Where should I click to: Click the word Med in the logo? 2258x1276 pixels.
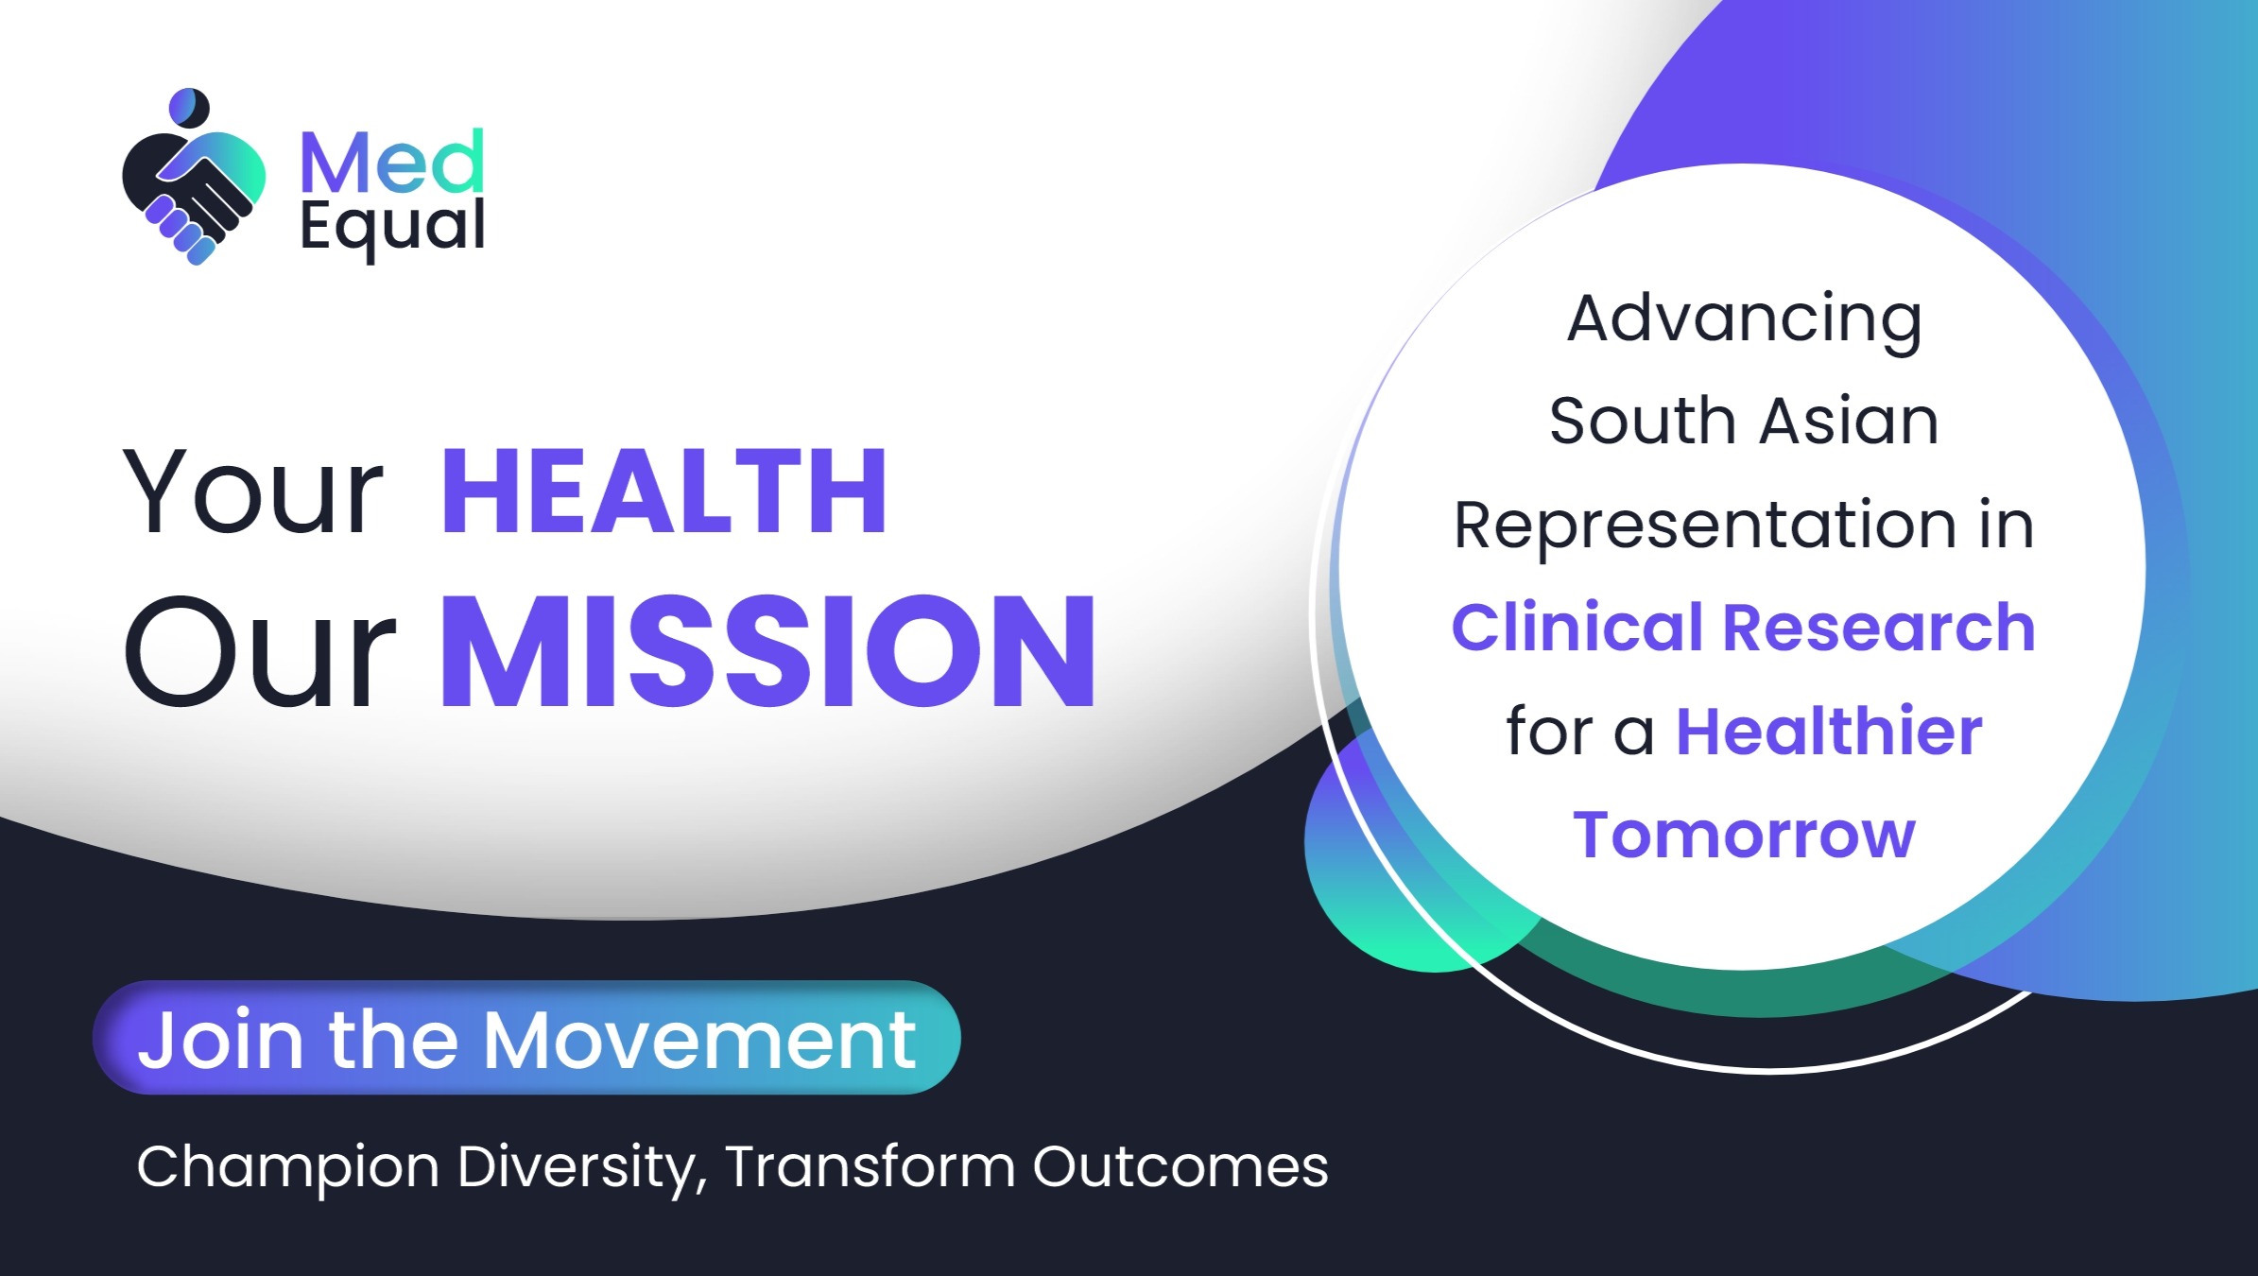pyautogui.click(x=391, y=163)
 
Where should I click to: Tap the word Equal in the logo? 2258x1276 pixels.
pyautogui.click(x=391, y=227)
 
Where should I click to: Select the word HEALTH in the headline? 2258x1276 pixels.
pyautogui.click(x=664, y=492)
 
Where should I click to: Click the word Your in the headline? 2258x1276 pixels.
pyautogui.click(x=253, y=494)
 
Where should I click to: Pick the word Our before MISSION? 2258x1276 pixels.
pyautogui.click(x=259, y=653)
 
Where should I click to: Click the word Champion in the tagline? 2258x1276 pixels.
pyautogui.click(x=288, y=1167)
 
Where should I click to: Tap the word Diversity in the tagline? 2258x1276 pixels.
pyautogui.click(x=582, y=1167)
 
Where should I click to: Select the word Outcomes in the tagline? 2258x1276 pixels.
pyautogui.click(x=1180, y=1166)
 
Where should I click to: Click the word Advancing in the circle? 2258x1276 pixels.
pyautogui.click(x=1744, y=319)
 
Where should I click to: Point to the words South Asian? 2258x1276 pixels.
pyautogui.click(x=1744, y=422)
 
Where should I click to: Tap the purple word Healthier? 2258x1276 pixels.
pyautogui.click(x=1829, y=732)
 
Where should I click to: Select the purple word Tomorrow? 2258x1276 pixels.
pyautogui.click(x=1744, y=836)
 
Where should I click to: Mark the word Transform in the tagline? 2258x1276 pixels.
pyautogui.click(x=870, y=1166)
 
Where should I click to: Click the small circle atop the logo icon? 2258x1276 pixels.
pyautogui.click(x=189, y=106)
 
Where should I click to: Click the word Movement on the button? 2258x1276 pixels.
pyautogui.click(x=699, y=1040)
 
